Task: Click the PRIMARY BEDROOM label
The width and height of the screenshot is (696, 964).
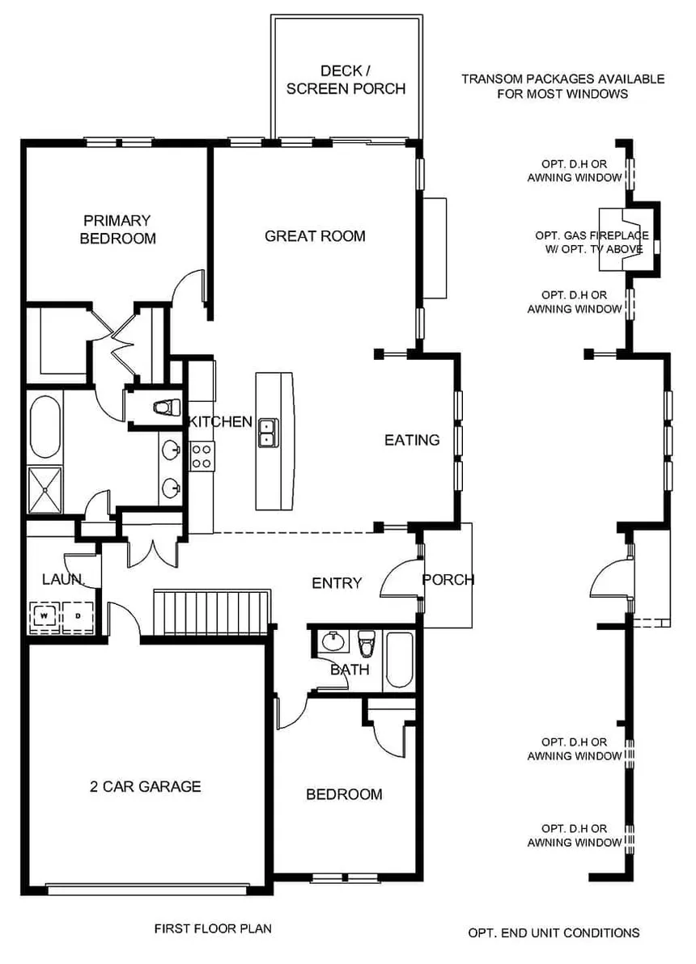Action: (x=117, y=229)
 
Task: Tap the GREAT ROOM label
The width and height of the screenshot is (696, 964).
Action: (x=315, y=236)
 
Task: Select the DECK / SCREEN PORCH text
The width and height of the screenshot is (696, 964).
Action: (x=346, y=79)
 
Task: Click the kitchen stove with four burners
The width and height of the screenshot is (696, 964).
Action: (x=201, y=456)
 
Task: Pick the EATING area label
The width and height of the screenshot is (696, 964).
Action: (x=411, y=440)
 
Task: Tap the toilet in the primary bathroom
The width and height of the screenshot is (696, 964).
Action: (x=165, y=406)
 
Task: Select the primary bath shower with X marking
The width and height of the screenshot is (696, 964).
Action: (x=45, y=490)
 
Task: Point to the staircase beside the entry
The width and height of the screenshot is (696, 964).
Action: (x=211, y=612)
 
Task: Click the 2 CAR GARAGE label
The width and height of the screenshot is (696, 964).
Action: (x=146, y=786)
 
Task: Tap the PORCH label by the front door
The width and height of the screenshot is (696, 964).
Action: (x=448, y=579)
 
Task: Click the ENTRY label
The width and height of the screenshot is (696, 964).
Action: (x=337, y=583)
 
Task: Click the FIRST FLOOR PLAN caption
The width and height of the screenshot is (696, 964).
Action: (x=213, y=928)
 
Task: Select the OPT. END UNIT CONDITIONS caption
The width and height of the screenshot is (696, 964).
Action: (x=554, y=932)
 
